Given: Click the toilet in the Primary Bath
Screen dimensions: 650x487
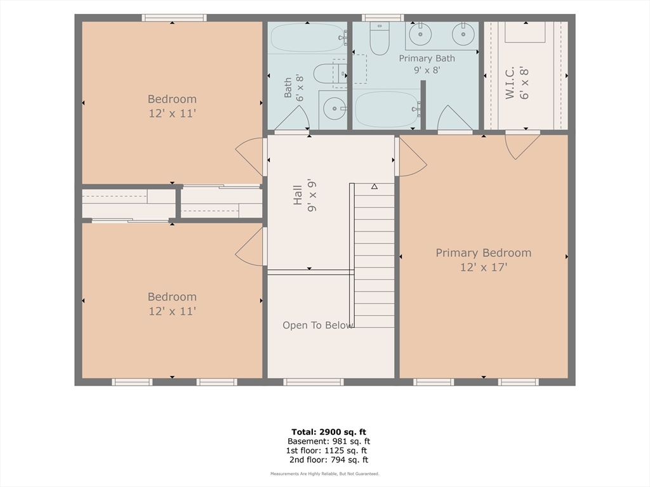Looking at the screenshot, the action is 380,38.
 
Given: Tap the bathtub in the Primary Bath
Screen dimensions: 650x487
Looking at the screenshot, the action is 387,109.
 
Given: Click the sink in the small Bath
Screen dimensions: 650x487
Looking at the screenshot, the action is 334,108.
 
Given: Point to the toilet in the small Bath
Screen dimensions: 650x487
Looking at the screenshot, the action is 329,74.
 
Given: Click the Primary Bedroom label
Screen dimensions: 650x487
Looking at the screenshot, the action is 483,252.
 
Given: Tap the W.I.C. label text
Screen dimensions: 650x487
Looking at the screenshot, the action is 510,83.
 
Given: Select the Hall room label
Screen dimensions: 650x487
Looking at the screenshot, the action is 298,195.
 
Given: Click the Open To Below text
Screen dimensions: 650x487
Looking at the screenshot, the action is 318,325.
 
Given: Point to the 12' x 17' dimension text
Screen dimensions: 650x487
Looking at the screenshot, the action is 484,267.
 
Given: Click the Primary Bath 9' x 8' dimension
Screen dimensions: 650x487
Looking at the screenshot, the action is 427,70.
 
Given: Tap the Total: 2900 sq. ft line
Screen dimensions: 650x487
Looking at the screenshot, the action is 328,432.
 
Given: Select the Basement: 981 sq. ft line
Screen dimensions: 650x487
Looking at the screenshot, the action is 329,441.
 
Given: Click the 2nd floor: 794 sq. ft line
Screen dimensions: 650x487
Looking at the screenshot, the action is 329,460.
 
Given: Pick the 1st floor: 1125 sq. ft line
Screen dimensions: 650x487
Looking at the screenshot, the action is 326,451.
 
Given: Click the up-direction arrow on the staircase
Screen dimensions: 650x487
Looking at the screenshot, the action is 375,186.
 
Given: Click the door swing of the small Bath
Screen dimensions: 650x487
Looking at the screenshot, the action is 292,117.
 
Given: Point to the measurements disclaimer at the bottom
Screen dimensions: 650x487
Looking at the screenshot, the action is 325,474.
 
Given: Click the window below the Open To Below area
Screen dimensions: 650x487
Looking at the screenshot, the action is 314,382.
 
